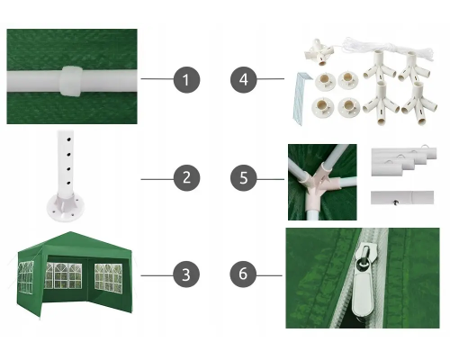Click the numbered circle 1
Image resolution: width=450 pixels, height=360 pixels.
[x=186, y=80]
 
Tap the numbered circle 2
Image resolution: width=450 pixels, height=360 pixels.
[x=186, y=177]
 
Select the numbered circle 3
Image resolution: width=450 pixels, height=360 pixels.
[x=186, y=274]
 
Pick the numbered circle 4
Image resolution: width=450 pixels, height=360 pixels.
[x=244, y=80]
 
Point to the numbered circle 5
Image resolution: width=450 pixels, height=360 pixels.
[x=244, y=177]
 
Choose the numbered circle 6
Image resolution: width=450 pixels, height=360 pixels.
[x=243, y=274]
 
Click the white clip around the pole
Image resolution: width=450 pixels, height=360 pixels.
[x=71, y=82]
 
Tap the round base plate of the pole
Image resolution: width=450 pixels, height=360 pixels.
[x=65, y=207]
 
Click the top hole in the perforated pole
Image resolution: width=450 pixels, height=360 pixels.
[x=69, y=139]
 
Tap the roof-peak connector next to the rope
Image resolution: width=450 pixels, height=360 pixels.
[x=319, y=51]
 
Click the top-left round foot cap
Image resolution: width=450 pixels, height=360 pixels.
[x=325, y=81]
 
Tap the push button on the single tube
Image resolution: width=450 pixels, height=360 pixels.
[x=396, y=202]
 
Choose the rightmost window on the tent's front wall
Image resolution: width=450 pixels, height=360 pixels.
[x=109, y=278]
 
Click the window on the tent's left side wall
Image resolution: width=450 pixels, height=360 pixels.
[x=26, y=277]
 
